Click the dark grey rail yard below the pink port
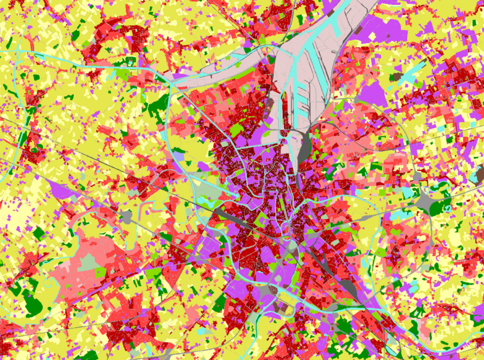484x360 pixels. [x=305, y=147]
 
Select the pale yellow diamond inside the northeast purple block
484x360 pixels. [x=372, y=37]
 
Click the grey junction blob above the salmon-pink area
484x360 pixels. [x=127, y=217]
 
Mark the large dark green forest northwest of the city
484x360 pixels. [x=158, y=106]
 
